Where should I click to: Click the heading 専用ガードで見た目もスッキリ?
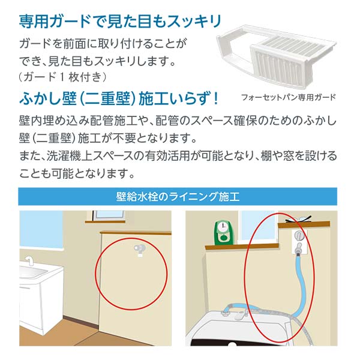(x=120, y=22)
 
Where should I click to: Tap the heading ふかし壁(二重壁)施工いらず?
(x=118, y=99)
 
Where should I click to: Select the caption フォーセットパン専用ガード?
(x=289, y=97)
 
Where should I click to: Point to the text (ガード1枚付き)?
(x=62, y=77)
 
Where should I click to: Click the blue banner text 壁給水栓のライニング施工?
(x=178, y=197)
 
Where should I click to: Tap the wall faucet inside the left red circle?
(x=139, y=250)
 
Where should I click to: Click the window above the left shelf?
(x=109, y=215)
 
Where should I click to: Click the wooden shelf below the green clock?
(x=242, y=247)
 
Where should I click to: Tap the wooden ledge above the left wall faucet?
(x=136, y=233)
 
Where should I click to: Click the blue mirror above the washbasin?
(x=41, y=230)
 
